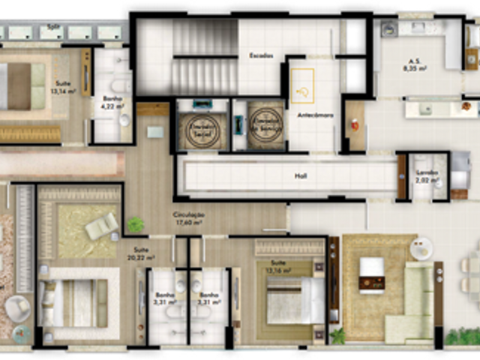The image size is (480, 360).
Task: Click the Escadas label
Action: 261,56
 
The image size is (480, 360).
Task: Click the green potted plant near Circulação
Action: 135,224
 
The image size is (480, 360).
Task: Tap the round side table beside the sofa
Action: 421,248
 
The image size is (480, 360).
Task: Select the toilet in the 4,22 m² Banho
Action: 124,119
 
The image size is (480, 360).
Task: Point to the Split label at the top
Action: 52,25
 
